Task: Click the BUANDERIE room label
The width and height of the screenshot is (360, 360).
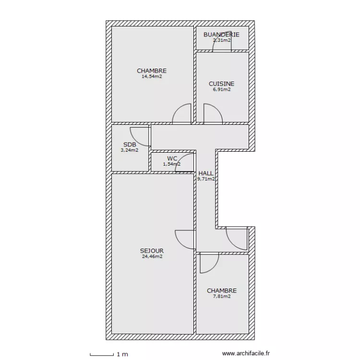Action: click(x=221, y=35)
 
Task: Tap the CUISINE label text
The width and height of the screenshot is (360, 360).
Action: click(x=222, y=84)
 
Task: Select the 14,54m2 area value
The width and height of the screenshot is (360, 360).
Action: click(x=152, y=76)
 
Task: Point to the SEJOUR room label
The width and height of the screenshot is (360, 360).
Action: click(x=152, y=251)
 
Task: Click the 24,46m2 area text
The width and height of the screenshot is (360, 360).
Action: click(x=152, y=256)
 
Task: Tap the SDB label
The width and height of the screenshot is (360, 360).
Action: click(x=130, y=144)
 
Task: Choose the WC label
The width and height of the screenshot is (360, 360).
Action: click(x=172, y=158)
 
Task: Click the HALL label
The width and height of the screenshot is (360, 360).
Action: click(x=206, y=173)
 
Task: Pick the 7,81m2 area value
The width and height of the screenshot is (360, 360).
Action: click(x=222, y=297)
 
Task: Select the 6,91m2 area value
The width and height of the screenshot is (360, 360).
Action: click(x=222, y=90)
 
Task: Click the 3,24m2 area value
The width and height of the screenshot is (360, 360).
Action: click(x=130, y=150)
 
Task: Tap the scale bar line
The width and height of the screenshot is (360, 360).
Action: click(x=102, y=355)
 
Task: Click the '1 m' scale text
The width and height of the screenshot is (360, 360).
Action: click(x=122, y=354)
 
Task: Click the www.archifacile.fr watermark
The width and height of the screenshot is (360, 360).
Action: click(x=246, y=353)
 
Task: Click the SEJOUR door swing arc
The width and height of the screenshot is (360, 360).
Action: click(x=180, y=243)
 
